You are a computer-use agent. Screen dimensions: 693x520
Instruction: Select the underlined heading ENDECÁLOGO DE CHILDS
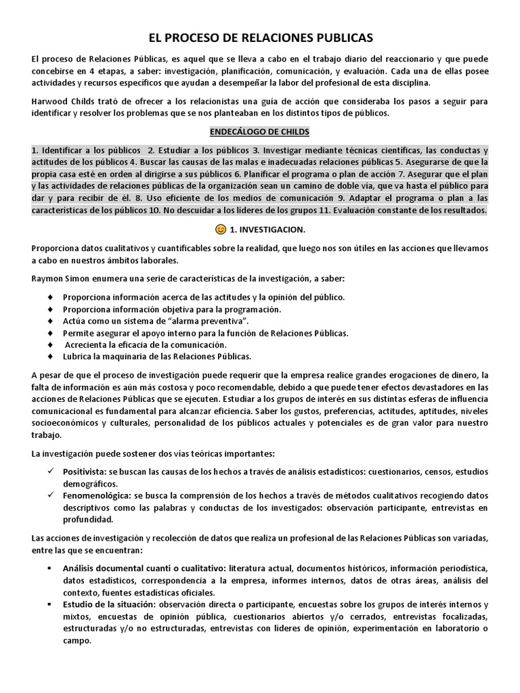[260, 131]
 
